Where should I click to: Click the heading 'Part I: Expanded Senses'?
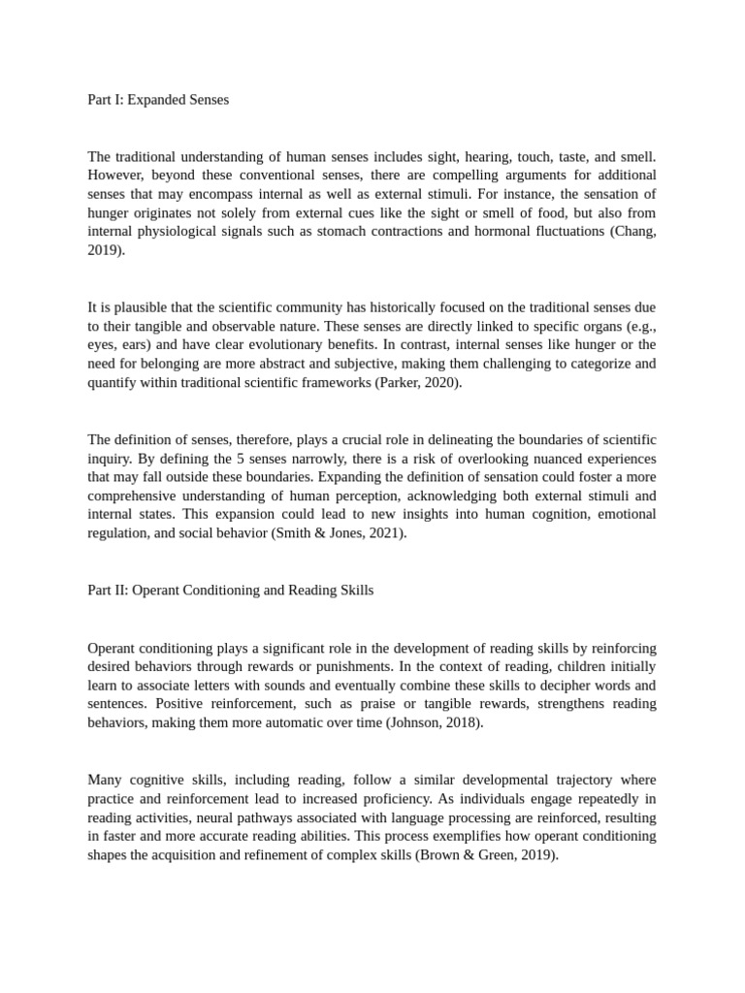(x=158, y=99)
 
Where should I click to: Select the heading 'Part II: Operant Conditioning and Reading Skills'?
(x=230, y=590)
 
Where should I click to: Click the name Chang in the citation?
(x=634, y=231)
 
